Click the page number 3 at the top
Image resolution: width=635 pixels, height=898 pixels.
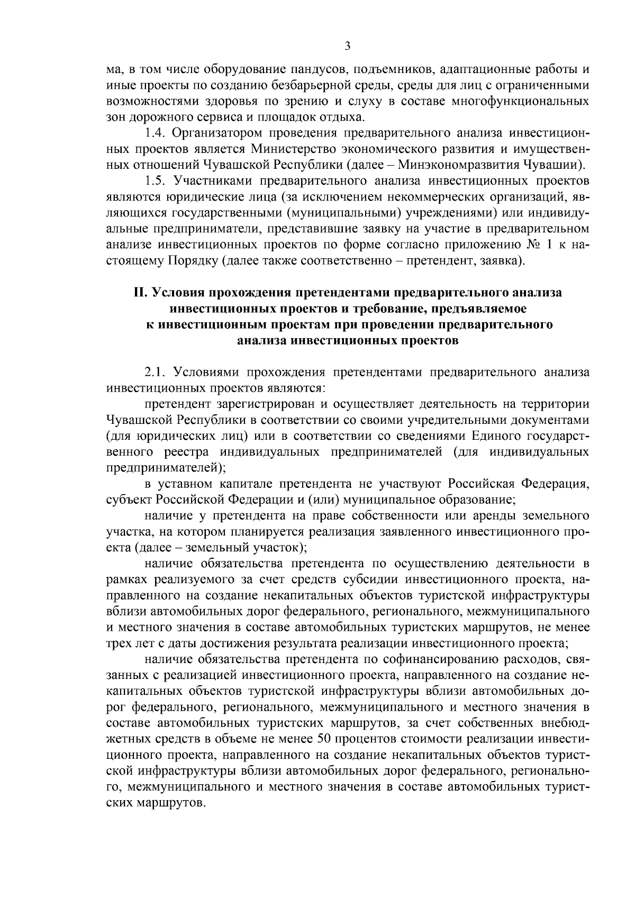click(x=348, y=46)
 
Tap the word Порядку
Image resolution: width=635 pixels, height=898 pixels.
click(x=193, y=259)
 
